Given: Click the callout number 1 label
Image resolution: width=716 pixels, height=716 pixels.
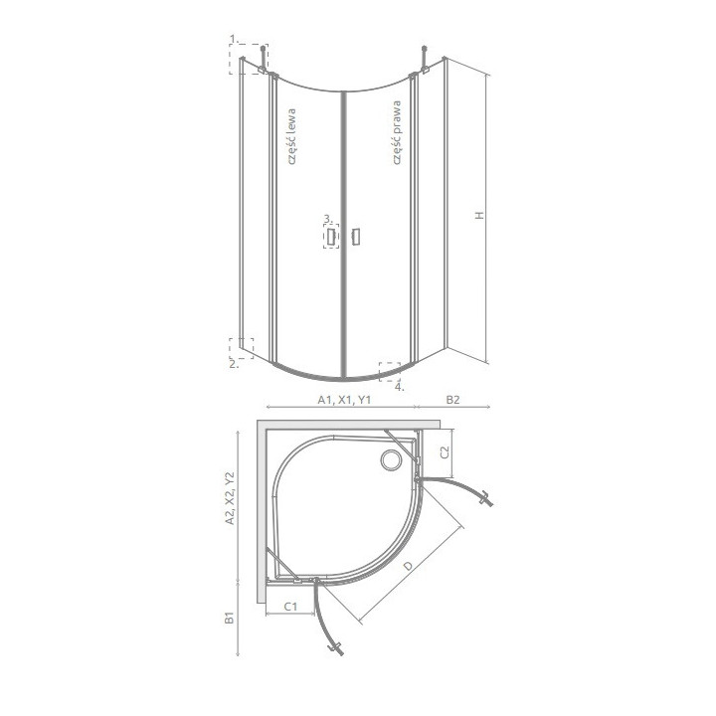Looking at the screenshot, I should [232, 39].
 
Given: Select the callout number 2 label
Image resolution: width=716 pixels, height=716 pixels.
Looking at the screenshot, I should [232, 364].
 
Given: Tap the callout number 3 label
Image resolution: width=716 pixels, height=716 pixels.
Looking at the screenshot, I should [325, 219].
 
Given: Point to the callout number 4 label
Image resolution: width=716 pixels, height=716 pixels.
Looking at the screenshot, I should [399, 387].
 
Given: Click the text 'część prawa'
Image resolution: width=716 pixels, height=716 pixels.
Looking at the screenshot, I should [396, 130].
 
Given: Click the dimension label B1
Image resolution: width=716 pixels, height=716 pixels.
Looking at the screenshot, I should [230, 621].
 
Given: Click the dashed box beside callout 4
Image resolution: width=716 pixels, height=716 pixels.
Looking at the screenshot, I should [389, 371].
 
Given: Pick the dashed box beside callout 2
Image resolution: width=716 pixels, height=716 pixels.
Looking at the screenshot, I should [242, 348].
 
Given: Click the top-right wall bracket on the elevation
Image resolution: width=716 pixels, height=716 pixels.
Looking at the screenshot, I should [425, 62].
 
